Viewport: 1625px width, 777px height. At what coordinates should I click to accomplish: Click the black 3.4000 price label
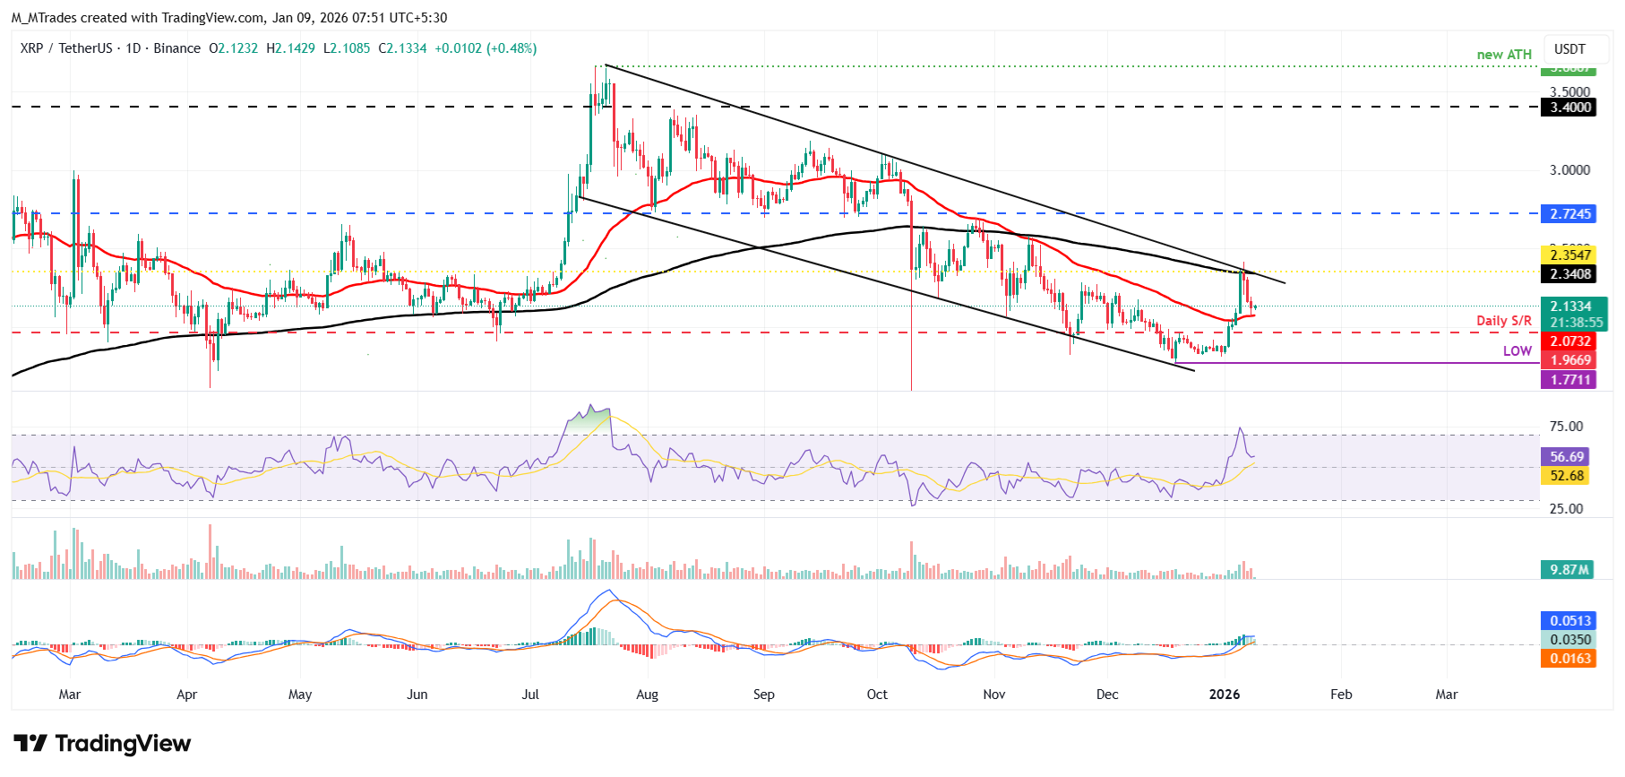(x=1570, y=108)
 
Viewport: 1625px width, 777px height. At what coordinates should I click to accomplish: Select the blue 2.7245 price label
(x=1570, y=214)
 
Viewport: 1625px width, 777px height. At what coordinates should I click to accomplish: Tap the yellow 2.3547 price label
(x=1570, y=255)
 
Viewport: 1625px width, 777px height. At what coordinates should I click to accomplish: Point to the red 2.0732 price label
(x=1570, y=341)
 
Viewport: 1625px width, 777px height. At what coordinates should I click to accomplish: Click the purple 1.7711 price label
(x=1570, y=380)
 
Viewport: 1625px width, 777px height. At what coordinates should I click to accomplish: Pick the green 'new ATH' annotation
(x=1504, y=55)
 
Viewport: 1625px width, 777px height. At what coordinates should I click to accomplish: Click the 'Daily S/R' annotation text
(x=1504, y=321)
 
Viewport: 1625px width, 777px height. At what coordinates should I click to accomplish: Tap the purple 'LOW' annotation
(x=1518, y=351)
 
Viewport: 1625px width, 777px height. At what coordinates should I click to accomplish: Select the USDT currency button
(x=1569, y=49)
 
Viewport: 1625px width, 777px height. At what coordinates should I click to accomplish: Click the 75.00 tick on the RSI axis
(x=1566, y=427)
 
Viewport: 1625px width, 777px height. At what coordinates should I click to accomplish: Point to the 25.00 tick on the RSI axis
(x=1566, y=509)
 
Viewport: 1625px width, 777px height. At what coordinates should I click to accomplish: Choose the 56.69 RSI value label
(x=1567, y=457)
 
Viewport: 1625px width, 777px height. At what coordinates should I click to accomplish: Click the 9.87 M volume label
(x=1569, y=570)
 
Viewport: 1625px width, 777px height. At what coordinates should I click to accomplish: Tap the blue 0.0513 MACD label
(x=1570, y=621)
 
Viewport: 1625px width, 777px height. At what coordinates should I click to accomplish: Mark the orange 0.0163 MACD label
(x=1570, y=659)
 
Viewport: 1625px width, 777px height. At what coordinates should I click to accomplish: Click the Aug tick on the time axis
(x=647, y=695)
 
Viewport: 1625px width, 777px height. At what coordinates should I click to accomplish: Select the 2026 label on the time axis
(x=1225, y=695)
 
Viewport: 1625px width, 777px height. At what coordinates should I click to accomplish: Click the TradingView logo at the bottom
(x=103, y=744)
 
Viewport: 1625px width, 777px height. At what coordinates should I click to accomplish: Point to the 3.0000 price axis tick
(x=1570, y=170)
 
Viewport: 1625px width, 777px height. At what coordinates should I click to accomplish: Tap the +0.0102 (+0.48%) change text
(x=486, y=48)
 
